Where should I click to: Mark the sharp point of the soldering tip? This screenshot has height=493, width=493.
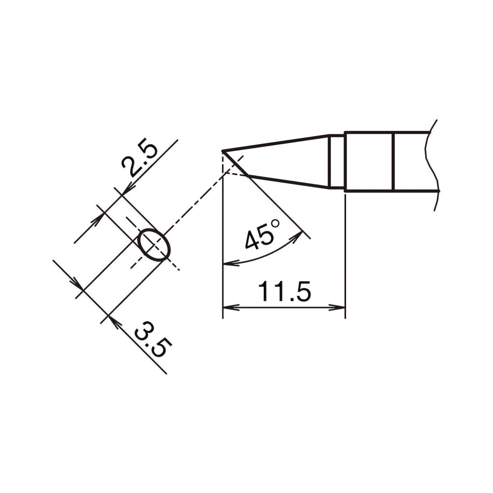(223, 151)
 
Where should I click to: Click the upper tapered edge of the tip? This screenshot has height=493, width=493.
(276, 143)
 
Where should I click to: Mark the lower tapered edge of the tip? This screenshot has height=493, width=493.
(289, 182)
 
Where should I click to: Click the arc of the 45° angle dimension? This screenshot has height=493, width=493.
(263, 258)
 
